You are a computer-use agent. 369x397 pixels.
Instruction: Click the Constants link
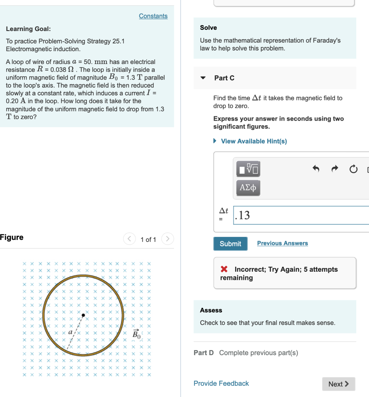tap(153, 16)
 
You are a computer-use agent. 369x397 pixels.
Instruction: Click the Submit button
tap(230, 243)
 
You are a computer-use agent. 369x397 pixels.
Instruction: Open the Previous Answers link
tap(282, 243)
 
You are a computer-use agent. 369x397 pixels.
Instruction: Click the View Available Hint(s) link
tap(254, 141)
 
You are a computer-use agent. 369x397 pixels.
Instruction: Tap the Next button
tap(338, 384)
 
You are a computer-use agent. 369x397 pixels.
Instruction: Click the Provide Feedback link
tap(221, 383)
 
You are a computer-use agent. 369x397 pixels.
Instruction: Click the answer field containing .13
tap(302, 215)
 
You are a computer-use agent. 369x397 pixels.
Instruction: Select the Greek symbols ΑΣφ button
tap(248, 188)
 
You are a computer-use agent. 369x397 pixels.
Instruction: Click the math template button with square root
tap(248, 169)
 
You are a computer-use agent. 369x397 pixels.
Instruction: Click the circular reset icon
tap(353, 169)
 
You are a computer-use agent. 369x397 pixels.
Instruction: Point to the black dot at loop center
tap(83, 315)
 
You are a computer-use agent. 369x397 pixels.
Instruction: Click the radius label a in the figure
tap(70, 332)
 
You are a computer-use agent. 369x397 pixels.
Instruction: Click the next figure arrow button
tap(167, 239)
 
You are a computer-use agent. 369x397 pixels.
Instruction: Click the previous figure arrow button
tap(130, 239)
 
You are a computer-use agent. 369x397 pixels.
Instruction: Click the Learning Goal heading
tap(28, 29)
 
